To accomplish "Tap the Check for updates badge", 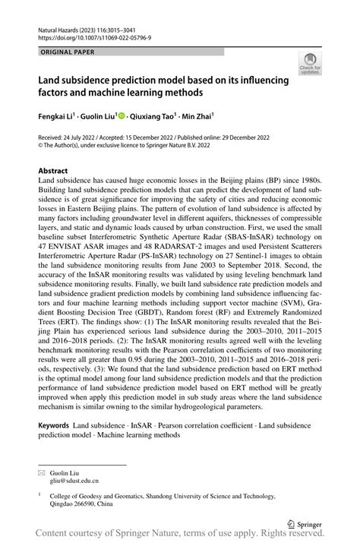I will [x=310, y=65].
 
